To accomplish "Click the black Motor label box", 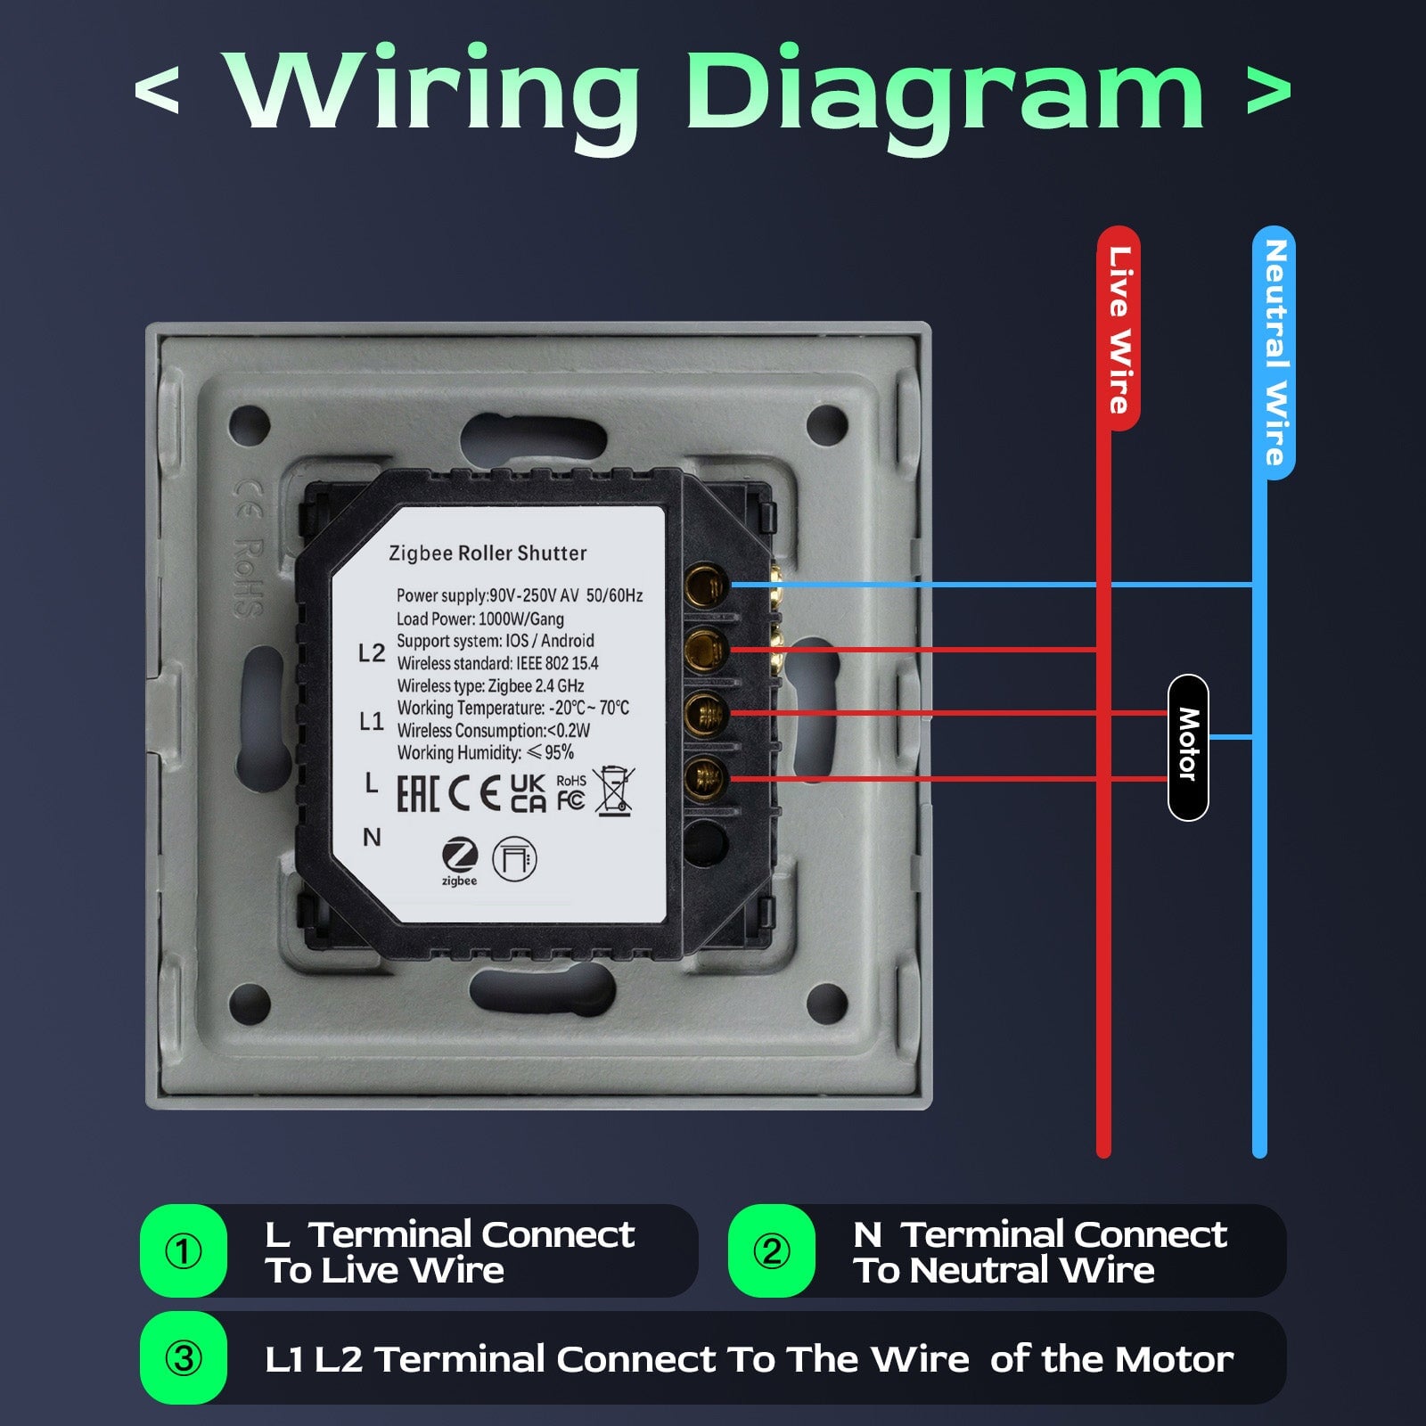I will (1187, 747).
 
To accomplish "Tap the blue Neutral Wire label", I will (1274, 352).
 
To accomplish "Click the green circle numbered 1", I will (184, 1250).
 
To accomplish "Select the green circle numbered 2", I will (772, 1250).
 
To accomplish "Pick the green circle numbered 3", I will (184, 1357).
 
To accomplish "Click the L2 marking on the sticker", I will (371, 653).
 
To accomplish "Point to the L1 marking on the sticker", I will (371, 721).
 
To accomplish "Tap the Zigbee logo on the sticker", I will (460, 861).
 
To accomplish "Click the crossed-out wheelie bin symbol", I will (614, 791).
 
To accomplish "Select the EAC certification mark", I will (417, 793).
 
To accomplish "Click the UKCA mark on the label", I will (528, 792).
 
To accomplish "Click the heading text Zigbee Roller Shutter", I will (488, 553).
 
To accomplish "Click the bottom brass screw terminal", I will (706, 777).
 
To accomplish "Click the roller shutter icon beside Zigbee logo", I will (514, 859).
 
